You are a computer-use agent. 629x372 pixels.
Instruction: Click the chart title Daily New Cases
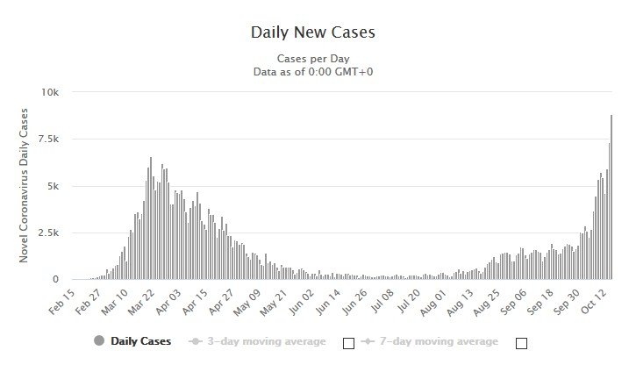(313, 32)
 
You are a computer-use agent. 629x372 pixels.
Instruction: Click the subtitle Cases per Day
(314, 59)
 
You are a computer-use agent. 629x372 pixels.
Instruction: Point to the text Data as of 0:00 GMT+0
(314, 72)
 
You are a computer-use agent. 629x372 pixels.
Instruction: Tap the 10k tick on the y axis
(49, 92)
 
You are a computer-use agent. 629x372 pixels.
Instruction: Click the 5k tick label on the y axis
(52, 186)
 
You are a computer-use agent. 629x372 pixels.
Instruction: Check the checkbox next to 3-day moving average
(348, 343)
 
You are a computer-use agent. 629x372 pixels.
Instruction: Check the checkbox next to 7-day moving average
(521, 343)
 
